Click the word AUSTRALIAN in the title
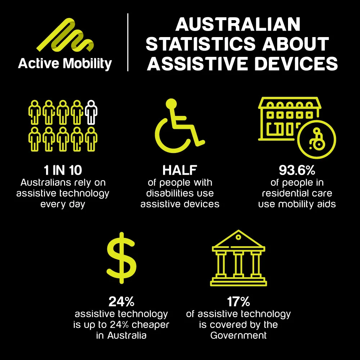238,24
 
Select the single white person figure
92,112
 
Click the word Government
238,336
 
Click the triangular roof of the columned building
238,239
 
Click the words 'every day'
63,204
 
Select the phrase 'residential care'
297,193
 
